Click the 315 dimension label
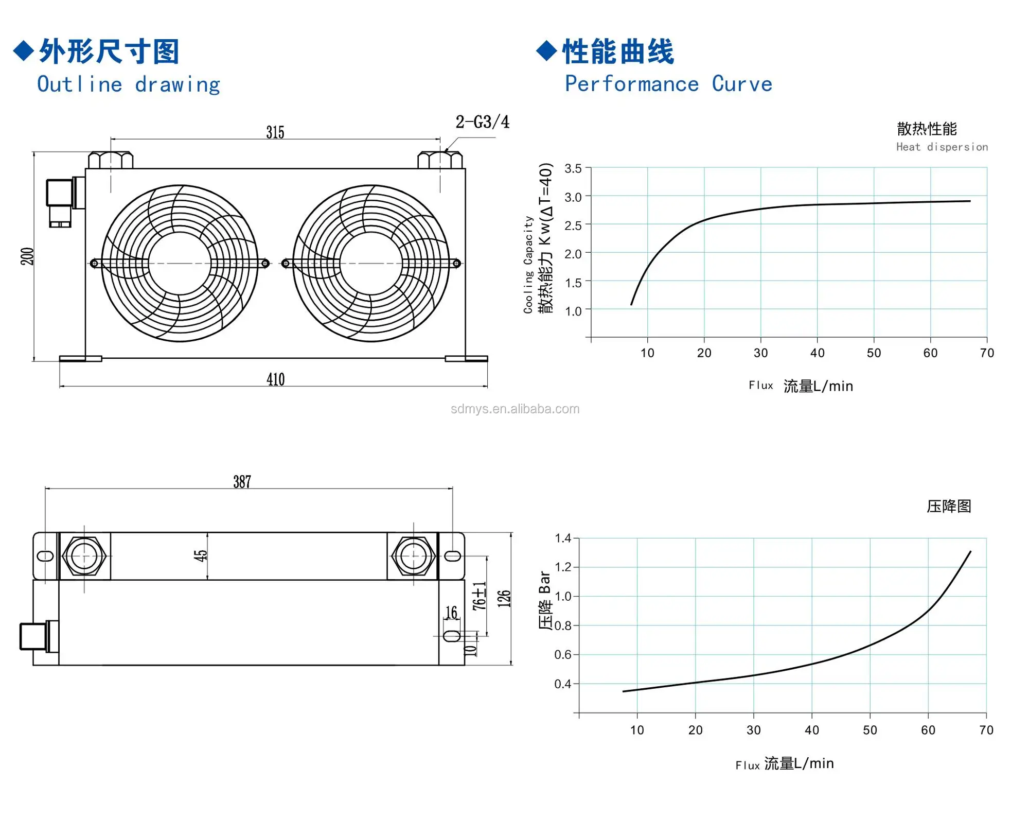coord(275,132)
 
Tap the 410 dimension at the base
coord(276,380)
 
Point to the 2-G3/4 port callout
coord(482,122)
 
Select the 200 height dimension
coord(27,256)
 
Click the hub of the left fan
coord(180,264)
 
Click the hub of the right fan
coord(371,264)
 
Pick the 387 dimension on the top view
coord(242,482)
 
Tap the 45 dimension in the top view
coord(200,555)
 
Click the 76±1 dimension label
coord(479,596)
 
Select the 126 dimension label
coord(504,599)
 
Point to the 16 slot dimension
coord(451,613)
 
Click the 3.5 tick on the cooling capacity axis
coord(573,169)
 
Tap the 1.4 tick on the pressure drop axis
coord(563,538)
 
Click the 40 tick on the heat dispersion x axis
coord(817,353)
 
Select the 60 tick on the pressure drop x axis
coord(928,730)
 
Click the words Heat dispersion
coord(942,147)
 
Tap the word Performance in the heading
coord(632,84)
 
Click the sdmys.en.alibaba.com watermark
coord(514,409)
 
